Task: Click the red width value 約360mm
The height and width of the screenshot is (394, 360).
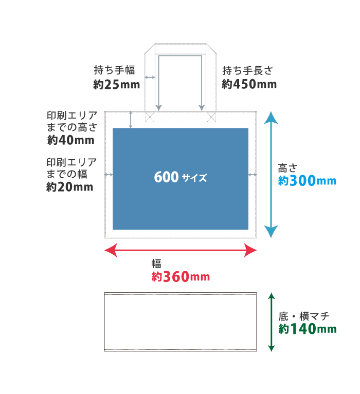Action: (x=181, y=277)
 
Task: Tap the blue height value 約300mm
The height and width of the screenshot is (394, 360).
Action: (x=307, y=181)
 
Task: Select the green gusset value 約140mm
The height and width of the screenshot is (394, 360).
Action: (x=308, y=329)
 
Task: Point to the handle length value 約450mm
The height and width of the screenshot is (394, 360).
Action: (x=249, y=84)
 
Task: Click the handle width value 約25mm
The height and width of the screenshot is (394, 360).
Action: (x=117, y=84)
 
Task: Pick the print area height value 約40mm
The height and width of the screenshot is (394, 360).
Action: (x=71, y=140)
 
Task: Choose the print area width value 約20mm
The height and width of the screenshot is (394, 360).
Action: (x=70, y=187)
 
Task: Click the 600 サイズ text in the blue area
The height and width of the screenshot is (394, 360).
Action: (x=180, y=178)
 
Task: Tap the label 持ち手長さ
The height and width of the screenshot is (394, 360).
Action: (x=247, y=70)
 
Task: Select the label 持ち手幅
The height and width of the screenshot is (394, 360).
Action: (x=114, y=70)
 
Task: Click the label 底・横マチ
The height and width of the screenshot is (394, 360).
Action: (x=303, y=316)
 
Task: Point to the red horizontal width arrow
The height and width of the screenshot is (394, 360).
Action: (x=180, y=251)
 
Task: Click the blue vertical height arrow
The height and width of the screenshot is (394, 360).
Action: (x=271, y=175)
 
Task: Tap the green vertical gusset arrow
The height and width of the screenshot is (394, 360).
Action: (x=272, y=322)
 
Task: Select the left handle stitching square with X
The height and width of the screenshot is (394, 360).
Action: (x=150, y=117)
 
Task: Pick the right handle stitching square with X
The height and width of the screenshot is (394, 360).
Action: (x=211, y=117)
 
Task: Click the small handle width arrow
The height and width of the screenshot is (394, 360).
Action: (x=150, y=78)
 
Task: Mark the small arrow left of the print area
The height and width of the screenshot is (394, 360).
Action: (x=108, y=175)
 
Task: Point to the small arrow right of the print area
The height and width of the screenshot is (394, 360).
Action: (x=253, y=175)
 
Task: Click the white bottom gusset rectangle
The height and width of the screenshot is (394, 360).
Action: (x=180, y=322)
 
